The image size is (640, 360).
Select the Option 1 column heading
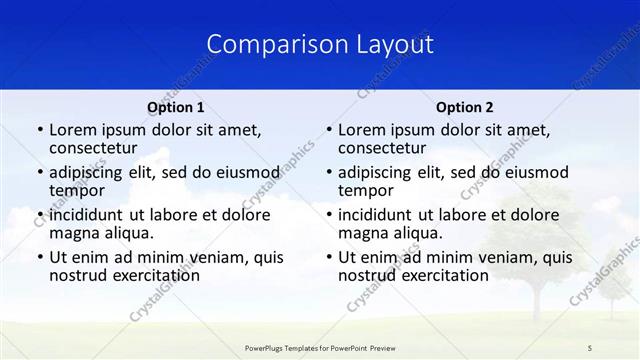pyautogui.click(x=176, y=107)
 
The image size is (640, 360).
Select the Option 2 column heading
pyautogui.click(x=465, y=107)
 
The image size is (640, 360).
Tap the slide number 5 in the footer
pyautogui.click(x=590, y=347)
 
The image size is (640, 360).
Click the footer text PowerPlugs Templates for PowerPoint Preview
pyautogui.click(x=320, y=347)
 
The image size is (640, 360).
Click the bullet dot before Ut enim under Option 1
pyautogui.click(x=40, y=257)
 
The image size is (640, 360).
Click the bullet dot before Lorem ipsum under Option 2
pyautogui.click(x=329, y=130)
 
